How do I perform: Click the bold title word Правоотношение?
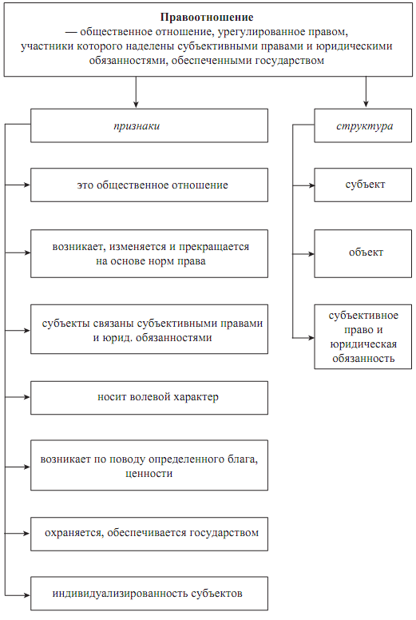click(207, 18)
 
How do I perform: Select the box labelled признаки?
click(149, 125)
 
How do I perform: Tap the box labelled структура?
click(363, 125)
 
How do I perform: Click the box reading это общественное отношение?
click(149, 185)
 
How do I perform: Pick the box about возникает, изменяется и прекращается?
click(149, 253)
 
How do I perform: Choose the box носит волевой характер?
click(149, 398)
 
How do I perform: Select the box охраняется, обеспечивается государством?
click(149, 534)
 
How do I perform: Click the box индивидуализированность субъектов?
click(149, 594)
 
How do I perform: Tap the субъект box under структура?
click(363, 185)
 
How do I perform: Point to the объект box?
click(363, 253)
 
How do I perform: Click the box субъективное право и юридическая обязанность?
click(363, 337)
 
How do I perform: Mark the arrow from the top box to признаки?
click(136, 92)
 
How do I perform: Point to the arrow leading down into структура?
click(366, 92)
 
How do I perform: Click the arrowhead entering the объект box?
click(311, 254)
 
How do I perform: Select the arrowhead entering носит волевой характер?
click(27, 397)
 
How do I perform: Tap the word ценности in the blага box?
click(149, 474)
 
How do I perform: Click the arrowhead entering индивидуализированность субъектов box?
click(27, 595)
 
